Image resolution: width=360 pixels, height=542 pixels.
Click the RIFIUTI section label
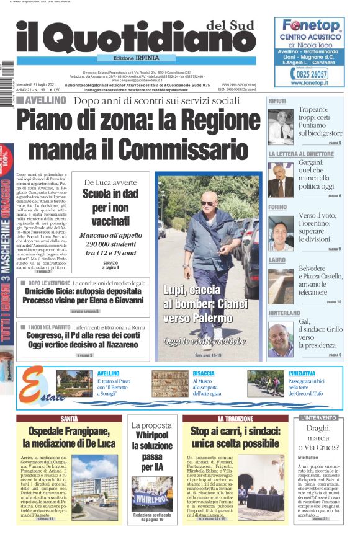point(278,100)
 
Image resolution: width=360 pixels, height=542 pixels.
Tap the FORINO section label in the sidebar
point(277,207)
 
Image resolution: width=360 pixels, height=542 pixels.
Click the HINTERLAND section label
point(284,313)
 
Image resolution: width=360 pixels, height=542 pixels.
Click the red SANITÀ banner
point(69,419)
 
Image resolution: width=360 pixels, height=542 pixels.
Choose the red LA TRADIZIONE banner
point(235,419)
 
